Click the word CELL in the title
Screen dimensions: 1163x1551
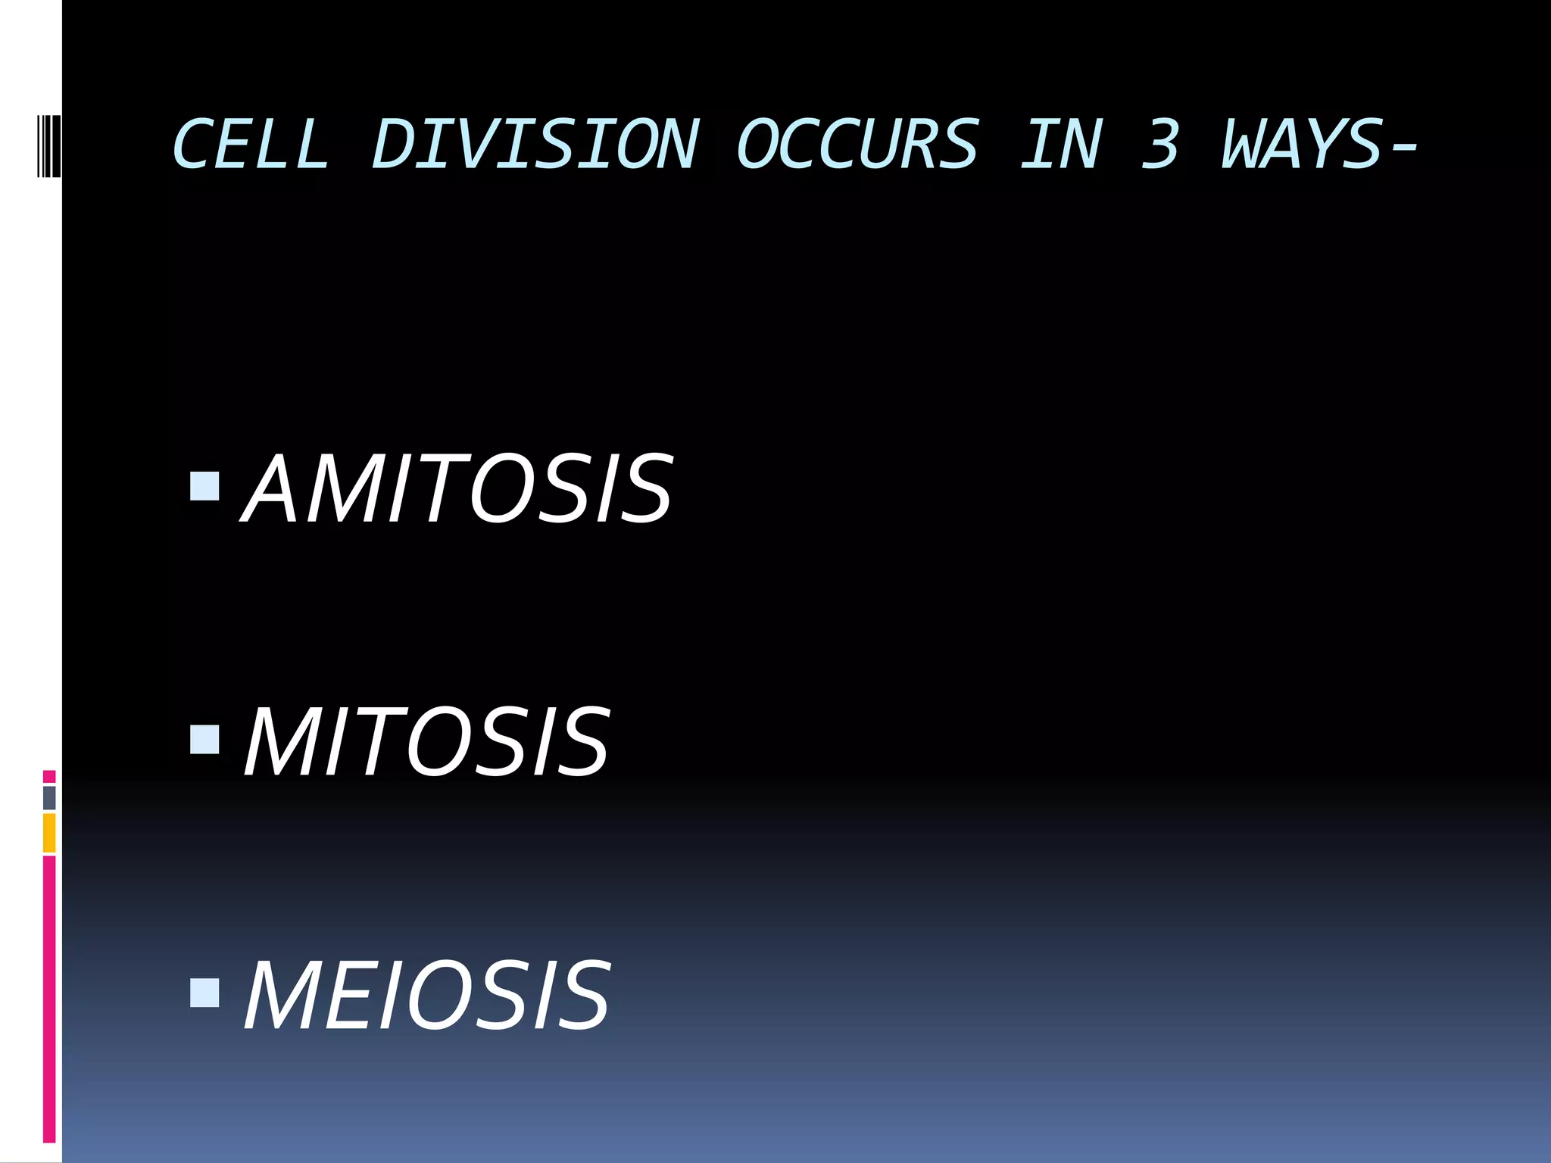(251, 144)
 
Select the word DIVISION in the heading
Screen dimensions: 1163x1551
(535, 144)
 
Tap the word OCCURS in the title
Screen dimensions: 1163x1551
(857, 144)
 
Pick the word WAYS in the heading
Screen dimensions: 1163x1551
(1303, 144)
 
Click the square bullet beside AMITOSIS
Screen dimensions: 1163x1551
(204, 487)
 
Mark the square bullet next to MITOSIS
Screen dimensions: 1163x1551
(204, 740)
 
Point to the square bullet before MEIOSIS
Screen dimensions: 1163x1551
(204, 993)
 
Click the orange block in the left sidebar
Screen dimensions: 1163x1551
(49, 833)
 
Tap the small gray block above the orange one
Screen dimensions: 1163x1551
(49, 797)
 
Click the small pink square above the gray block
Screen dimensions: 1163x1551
(49, 776)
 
